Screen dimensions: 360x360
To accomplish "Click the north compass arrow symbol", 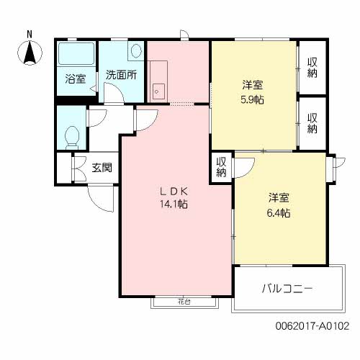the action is pos(30,53).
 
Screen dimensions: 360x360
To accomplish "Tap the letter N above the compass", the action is pos(30,35).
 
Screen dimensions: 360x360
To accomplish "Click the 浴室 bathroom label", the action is pos(76,79).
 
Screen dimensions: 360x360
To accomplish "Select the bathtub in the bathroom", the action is pos(76,54).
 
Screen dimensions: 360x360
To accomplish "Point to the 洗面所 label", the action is pos(121,75).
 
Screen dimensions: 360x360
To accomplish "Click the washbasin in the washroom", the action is pos(136,50).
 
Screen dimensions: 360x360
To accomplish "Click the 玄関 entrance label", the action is pos(102,168).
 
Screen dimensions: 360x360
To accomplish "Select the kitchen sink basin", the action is pos(158,91).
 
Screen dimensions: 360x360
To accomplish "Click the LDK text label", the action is pos(174,192).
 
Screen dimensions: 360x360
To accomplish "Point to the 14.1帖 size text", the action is pos(174,204).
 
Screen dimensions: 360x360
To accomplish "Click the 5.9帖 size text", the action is pos(252,99).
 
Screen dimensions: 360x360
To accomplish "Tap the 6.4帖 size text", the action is pos(279,213).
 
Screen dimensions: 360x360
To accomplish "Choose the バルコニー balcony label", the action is pos(287,289).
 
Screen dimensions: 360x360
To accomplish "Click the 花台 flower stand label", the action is pos(184,302).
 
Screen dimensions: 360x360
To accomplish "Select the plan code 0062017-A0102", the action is pos(312,326).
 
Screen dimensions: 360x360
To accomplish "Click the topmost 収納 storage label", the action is pos(312,68).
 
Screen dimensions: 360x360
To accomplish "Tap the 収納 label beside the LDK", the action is pos(221,167).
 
